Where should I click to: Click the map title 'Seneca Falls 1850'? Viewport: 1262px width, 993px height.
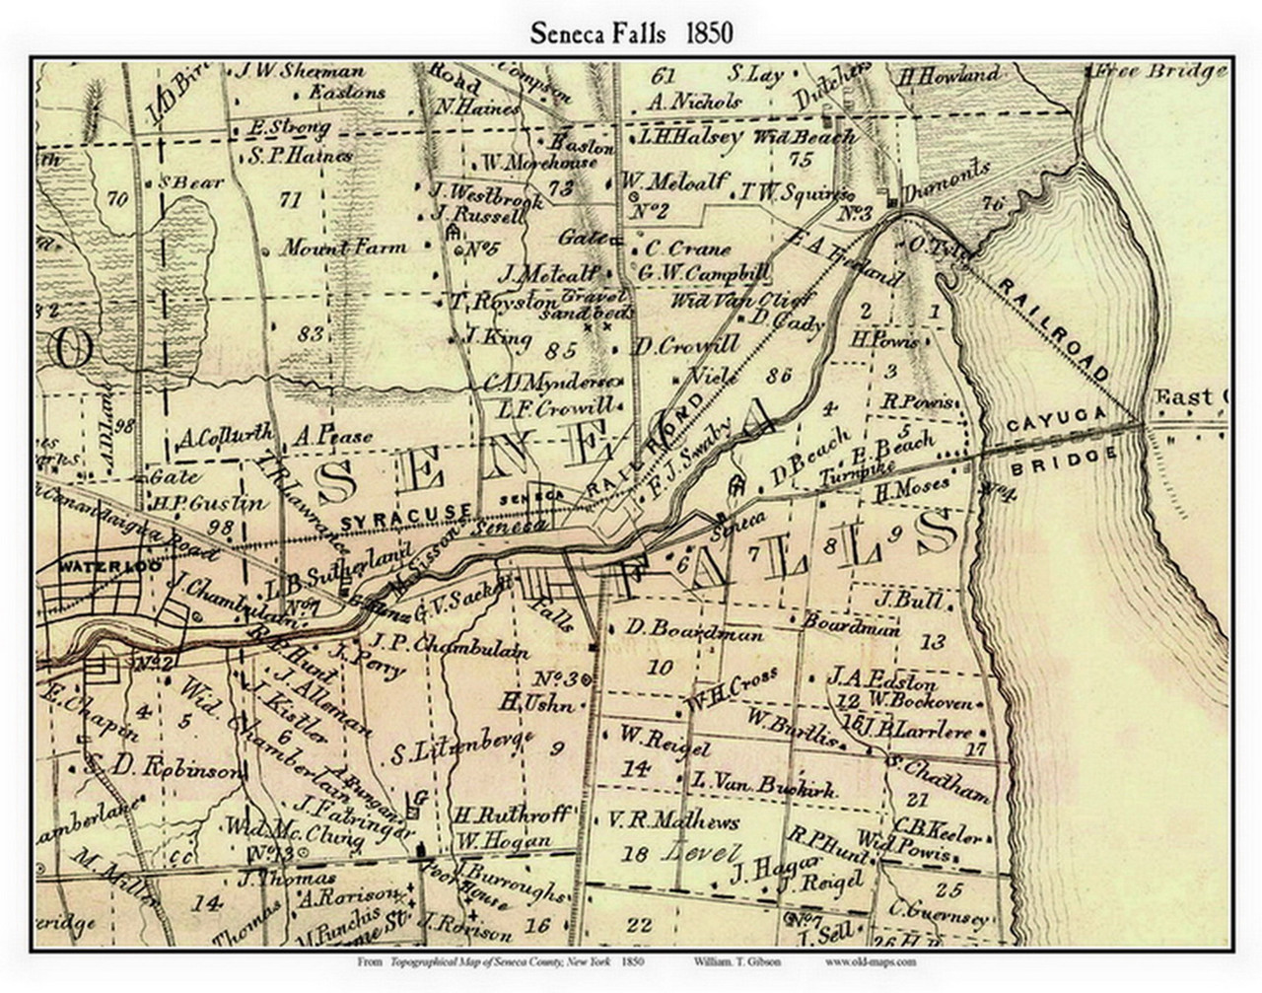(x=631, y=33)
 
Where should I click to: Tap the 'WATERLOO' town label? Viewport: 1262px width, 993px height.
(x=88, y=568)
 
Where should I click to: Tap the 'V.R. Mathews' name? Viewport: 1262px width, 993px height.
(x=673, y=820)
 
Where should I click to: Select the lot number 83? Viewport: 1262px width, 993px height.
(x=310, y=335)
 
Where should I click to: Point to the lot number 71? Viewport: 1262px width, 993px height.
(x=289, y=200)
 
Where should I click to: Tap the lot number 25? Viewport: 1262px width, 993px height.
(x=948, y=890)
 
